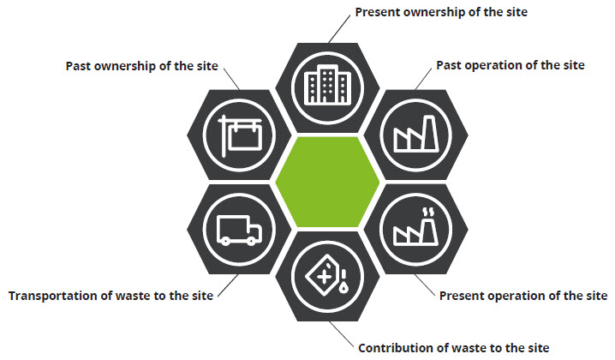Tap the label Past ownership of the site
(x=141, y=66)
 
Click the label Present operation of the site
(x=522, y=297)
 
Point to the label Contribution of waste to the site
(x=453, y=348)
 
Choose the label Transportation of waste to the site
(x=111, y=297)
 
